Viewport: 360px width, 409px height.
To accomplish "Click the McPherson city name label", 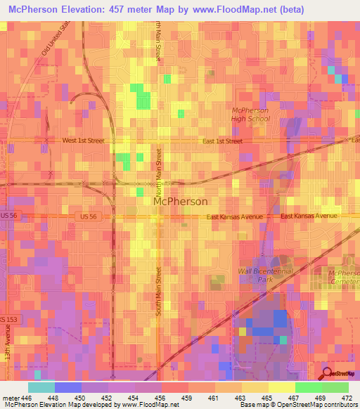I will point(180,201).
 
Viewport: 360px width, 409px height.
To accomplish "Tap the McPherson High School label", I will point(251,115).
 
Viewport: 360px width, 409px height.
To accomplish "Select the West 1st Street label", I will point(83,141).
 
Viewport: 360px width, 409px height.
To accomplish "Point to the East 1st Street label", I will point(222,141).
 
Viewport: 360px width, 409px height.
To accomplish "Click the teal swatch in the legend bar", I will point(41,387).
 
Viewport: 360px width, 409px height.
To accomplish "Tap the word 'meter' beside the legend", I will point(11,397).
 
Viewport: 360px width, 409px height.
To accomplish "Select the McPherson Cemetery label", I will point(344,276).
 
